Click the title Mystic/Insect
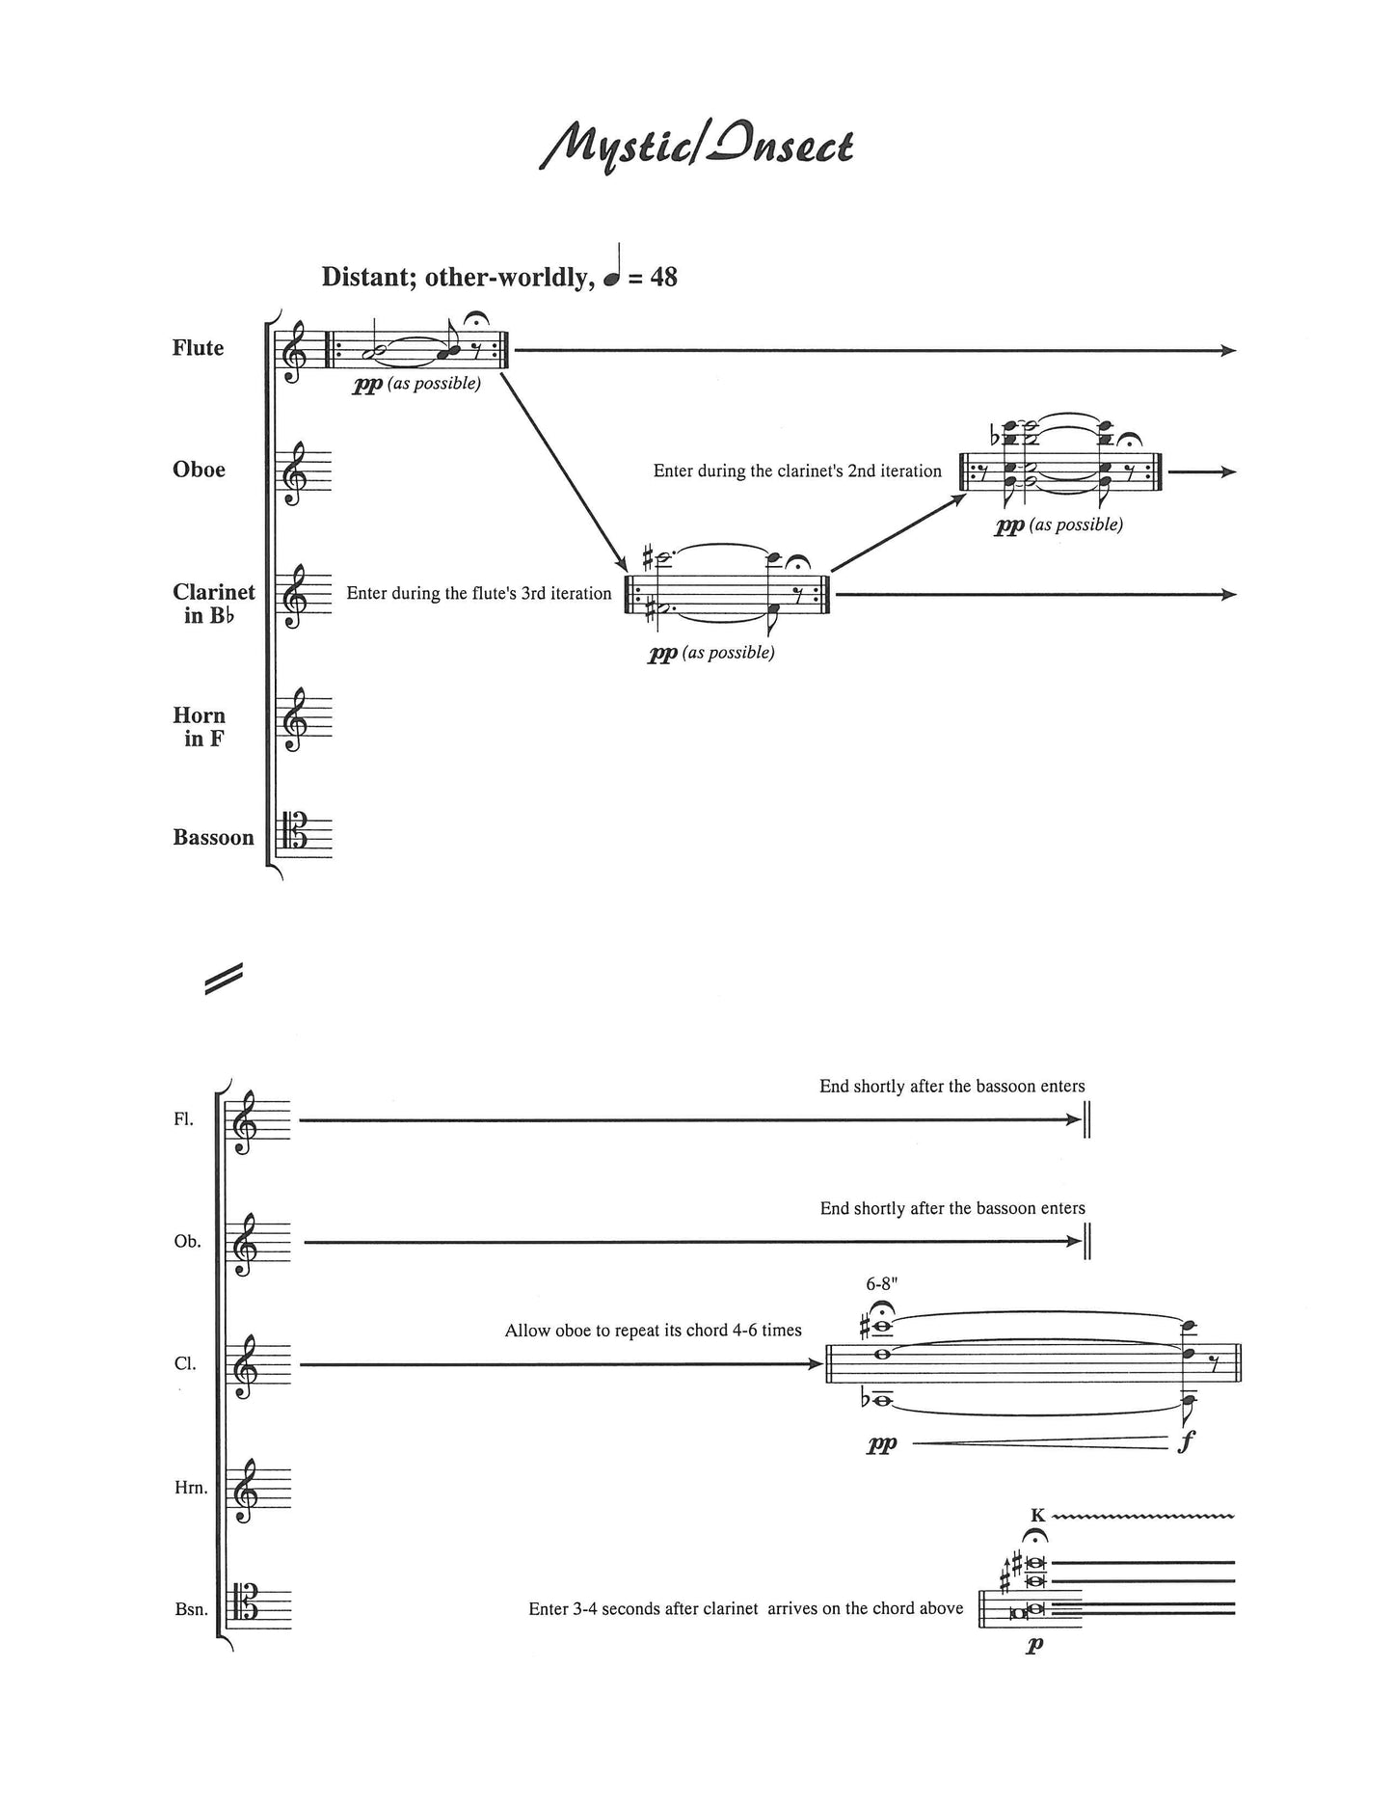click(x=695, y=148)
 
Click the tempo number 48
click(x=664, y=277)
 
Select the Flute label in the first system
click(x=198, y=348)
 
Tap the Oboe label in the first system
click(x=199, y=470)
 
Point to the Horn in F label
click(x=200, y=727)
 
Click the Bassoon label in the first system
click(x=214, y=837)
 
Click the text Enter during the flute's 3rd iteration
click(x=479, y=593)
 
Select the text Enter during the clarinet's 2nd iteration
click(x=797, y=471)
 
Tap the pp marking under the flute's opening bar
click(x=367, y=385)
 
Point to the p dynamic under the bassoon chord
click(x=1034, y=1645)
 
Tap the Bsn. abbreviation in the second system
click(x=192, y=1609)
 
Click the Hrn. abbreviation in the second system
click(x=190, y=1488)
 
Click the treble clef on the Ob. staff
click(x=244, y=1243)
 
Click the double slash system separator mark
click(x=223, y=979)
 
